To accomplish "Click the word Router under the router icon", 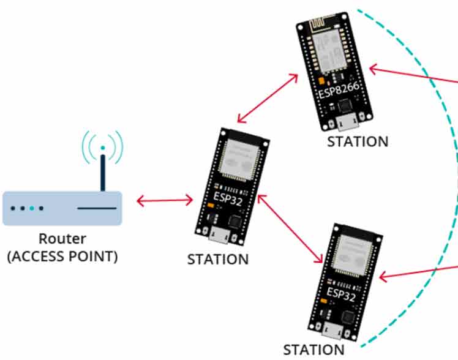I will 62,239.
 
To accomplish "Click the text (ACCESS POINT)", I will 62,256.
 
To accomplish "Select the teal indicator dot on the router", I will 31,208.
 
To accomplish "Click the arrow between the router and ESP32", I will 165,200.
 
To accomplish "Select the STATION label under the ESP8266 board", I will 358,141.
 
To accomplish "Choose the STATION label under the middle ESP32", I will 218,259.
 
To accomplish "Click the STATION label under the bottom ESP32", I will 313,350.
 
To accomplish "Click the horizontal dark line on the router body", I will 96,208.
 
